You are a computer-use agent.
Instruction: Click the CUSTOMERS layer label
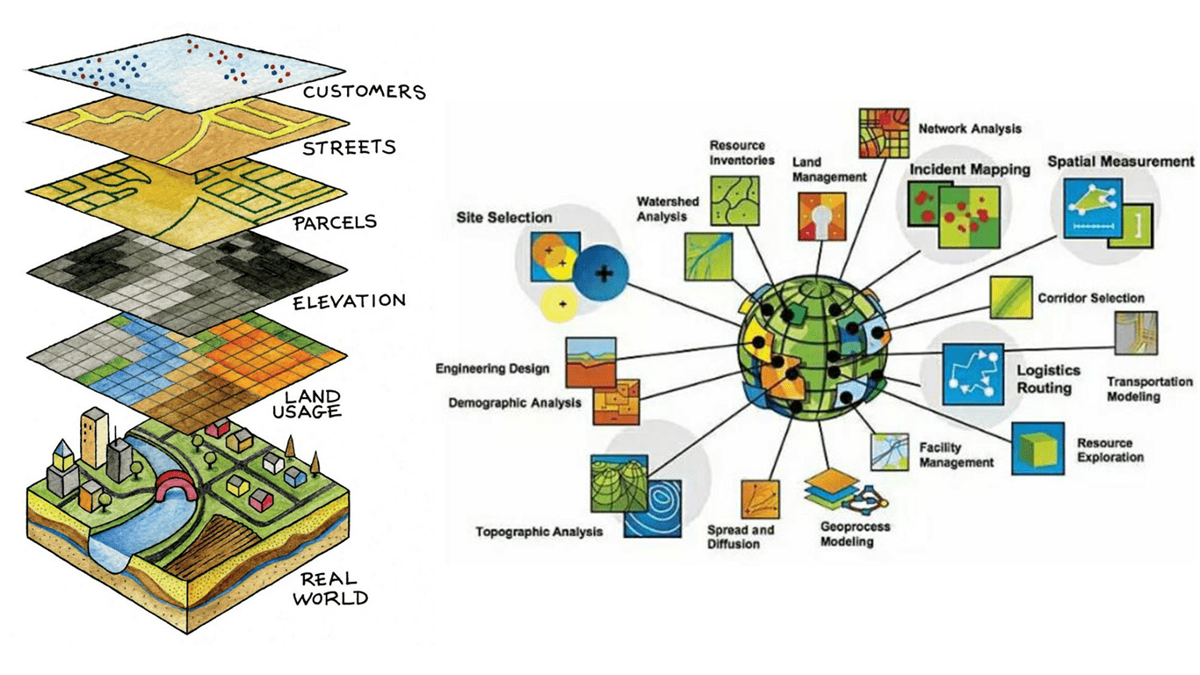[364, 91]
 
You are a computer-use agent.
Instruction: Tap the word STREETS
[349, 147]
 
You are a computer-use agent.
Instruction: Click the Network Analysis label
[970, 128]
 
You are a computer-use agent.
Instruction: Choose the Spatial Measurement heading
[1120, 162]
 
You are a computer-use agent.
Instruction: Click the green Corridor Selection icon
[1010, 297]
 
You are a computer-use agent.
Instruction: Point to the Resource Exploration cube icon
[1038, 448]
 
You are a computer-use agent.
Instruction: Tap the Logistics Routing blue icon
[973, 373]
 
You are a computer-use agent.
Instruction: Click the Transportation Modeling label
[1149, 388]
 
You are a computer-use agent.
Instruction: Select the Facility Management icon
[889, 452]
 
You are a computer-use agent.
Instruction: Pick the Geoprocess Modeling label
[855, 533]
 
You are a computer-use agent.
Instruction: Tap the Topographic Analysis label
[539, 532]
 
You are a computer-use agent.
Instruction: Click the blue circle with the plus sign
[604, 273]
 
